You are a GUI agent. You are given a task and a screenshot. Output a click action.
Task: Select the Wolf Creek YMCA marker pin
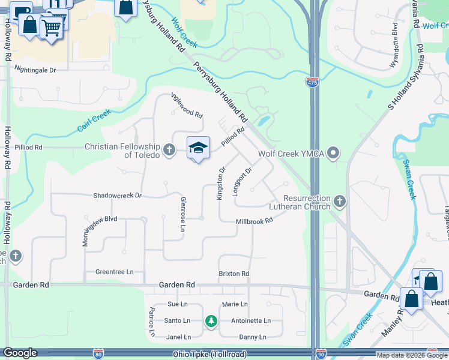tap(334, 154)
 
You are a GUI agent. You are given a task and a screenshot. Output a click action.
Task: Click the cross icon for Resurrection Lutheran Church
tap(340, 201)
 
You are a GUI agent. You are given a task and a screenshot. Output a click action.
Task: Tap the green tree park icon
tap(211, 321)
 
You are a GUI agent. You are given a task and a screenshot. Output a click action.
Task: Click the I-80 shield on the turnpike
tap(98, 354)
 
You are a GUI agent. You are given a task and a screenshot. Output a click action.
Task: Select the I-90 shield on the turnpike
tap(321, 354)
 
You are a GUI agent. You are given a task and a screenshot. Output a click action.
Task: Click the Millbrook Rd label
tap(254, 221)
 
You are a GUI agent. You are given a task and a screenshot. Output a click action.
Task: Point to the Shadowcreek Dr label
tap(117, 196)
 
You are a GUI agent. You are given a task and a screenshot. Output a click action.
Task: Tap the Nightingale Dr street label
tap(35, 70)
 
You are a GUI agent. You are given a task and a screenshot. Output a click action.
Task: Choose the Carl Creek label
tap(94, 120)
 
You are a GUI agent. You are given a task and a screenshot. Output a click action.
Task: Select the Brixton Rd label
tap(234, 274)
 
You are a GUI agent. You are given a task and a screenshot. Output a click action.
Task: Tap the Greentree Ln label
tap(114, 272)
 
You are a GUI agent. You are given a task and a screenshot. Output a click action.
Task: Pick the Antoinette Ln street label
tap(251, 320)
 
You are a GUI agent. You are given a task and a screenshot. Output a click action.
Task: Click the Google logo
tap(19, 353)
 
